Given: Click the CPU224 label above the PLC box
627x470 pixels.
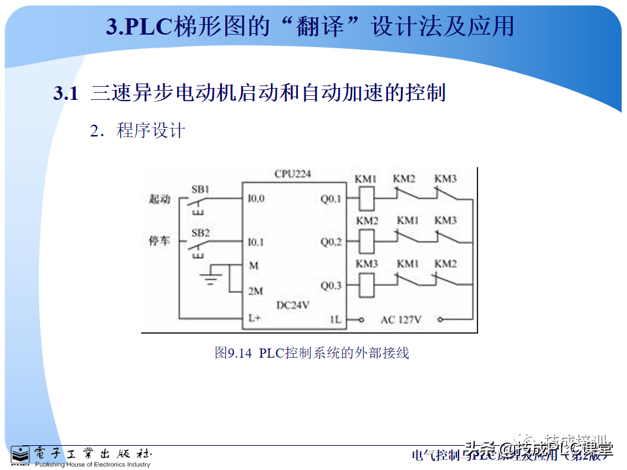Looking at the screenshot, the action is [x=293, y=174].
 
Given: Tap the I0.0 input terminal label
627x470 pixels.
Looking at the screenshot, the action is [x=256, y=198].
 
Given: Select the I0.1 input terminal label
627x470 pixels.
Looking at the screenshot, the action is [x=256, y=242].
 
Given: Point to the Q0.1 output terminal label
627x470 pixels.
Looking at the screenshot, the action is [x=330, y=198].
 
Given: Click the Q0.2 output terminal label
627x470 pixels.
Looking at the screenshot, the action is [x=330, y=242].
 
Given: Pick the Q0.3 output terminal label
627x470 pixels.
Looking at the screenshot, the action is [x=330, y=285].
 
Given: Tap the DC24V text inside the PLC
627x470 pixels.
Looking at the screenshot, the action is [x=293, y=305].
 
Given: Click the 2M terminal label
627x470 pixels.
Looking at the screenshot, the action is [x=255, y=291].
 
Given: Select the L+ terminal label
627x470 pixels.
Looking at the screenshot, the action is [x=255, y=319].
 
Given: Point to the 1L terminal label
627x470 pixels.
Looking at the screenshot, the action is [x=335, y=319].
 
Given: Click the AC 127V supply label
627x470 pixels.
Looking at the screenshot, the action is [x=401, y=319].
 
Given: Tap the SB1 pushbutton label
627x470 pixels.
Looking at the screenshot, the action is [x=200, y=189].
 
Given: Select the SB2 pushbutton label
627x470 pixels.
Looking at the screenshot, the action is [x=201, y=233].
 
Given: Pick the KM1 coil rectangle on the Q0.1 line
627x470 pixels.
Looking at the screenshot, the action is [x=366, y=197].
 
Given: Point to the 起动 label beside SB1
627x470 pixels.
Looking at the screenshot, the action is [x=159, y=199].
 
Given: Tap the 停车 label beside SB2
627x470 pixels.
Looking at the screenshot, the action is [x=159, y=242].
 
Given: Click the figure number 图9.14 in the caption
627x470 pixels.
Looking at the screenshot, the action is [x=233, y=353].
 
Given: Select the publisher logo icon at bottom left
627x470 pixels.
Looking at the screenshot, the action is [x=20, y=455].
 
